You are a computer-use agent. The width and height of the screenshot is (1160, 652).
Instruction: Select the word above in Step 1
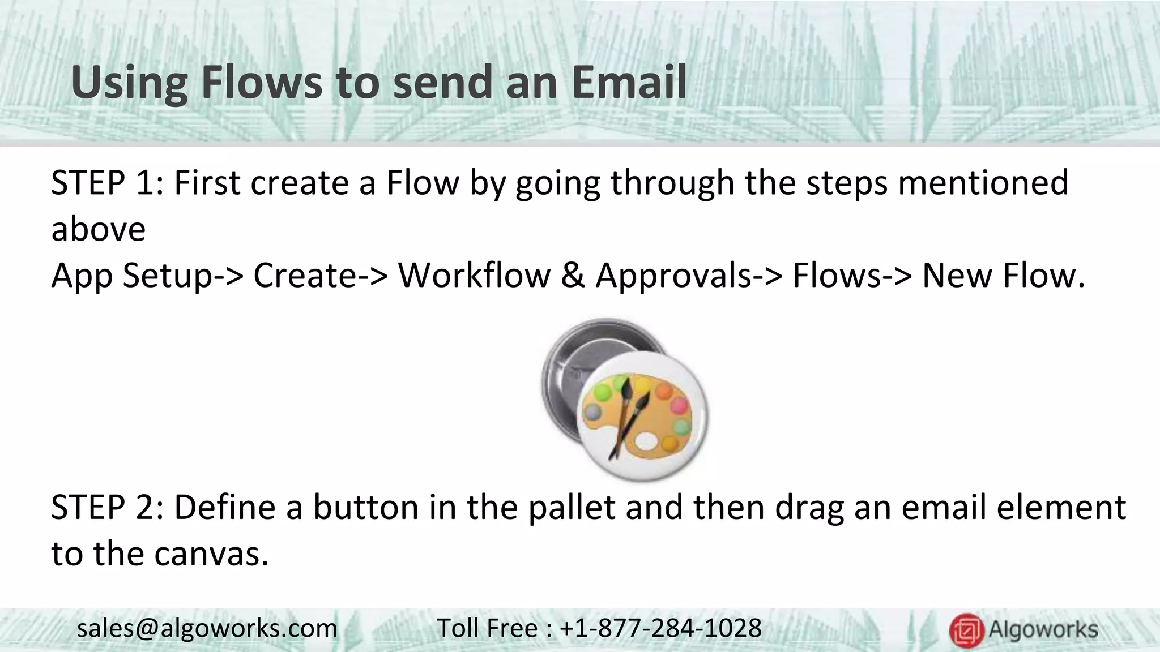[x=98, y=229]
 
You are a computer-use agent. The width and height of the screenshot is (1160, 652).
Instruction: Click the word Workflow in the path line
[x=474, y=276]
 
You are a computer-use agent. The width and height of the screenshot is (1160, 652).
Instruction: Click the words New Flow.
[x=1003, y=276]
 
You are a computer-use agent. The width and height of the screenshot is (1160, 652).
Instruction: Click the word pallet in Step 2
[x=572, y=507]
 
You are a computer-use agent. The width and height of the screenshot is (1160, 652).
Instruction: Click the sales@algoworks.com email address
[x=207, y=629]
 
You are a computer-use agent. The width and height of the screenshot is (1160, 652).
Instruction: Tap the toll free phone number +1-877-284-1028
[x=660, y=629]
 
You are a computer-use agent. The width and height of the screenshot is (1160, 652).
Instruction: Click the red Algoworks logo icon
[x=966, y=630]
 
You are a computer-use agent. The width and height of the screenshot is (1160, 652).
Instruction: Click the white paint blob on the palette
[x=646, y=440]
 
